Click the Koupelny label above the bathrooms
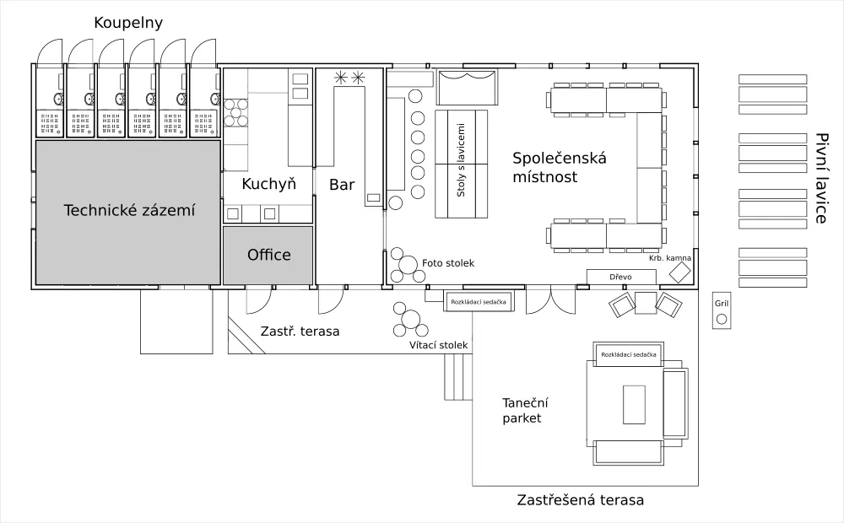pyautogui.click(x=129, y=23)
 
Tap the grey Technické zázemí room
pyautogui.click(x=128, y=211)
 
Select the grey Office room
pyautogui.click(x=268, y=255)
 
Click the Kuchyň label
pyautogui.click(x=268, y=184)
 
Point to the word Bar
pyautogui.click(x=342, y=184)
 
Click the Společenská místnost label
pyautogui.click(x=560, y=167)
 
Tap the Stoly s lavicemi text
pyautogui.click(x=461, y=164)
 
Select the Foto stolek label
pyautogui.click(x=448, y=263)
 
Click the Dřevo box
pyautogui.click(x=620, y=277)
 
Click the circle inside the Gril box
pyautogui.click(x=721, y=319)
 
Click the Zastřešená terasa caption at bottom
pyautogui.click(x=581, y=500)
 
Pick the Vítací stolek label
pyautogui.click(x=438, y=345)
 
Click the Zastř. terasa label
pyautogui.click(x=300, y=332)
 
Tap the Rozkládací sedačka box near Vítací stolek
pyautogui.click(x=479, y=301)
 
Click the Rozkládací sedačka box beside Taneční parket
pyautogui.click(x=629, y=355)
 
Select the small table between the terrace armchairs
pyautogui.click(x=646, y=303)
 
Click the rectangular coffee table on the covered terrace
pyautogui.click(x=634, y=404)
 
